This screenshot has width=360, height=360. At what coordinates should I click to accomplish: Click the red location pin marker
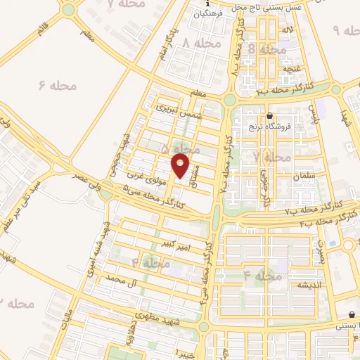[x=180, y=167]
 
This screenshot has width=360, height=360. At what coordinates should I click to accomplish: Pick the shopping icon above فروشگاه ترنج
[x=270, y=116]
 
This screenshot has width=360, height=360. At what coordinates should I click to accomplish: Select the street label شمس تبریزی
[x=174, y=110]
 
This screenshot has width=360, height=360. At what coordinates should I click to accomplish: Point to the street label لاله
[x=288, y=31]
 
